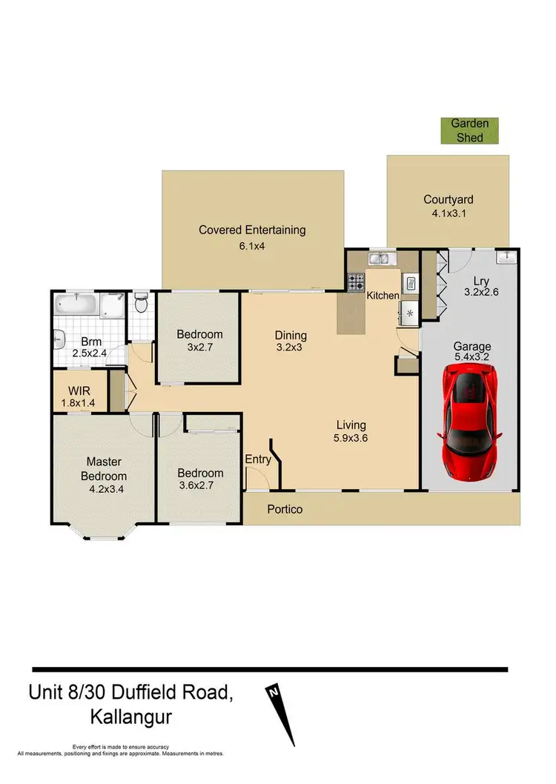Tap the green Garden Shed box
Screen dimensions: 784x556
pyautogui.click(x=470, y=130)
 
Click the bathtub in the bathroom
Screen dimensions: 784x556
pyautogui.click(x=76, y=305)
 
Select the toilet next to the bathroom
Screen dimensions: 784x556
pyautogui.click(x=141, y=304)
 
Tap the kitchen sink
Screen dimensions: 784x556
pyautogui.click(x=383, y=259)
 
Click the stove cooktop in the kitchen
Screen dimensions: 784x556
pyautogui.click(x=356, y=282)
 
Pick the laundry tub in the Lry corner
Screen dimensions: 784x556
pyautogui.click(x=506, y=257)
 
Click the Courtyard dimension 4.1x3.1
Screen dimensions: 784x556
pyautogui.click(x=448, y=214)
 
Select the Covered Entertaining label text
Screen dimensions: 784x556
pyautogui.click(x=252, y=230)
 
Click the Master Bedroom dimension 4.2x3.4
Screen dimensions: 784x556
pyautogui.click(x=103, y=490)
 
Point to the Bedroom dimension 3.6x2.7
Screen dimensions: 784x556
pyautogui.click(x=200, y=488)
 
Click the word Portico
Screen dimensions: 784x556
pyautogui.click(x=284, y=510)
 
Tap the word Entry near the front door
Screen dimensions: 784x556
pyautogui.click(x=258, y=459)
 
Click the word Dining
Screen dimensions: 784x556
pyautogui.click(x=291, y=335)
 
